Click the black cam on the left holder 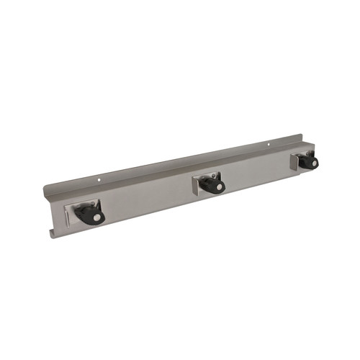88,215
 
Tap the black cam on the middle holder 212,185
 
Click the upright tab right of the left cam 99,204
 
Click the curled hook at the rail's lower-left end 52,233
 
